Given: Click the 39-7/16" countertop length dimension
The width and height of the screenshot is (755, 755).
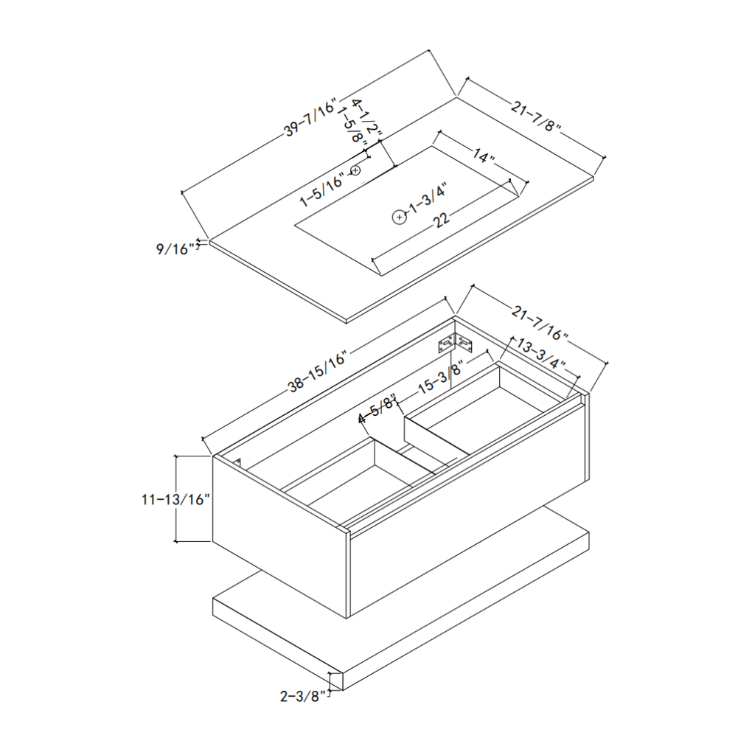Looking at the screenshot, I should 310,116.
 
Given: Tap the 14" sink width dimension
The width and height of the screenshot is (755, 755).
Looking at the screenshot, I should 483,157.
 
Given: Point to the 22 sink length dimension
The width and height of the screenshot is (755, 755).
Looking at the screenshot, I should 441,220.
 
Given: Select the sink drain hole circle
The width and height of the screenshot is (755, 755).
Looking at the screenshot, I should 400,217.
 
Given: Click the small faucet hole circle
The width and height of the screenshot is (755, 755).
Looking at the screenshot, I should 357,171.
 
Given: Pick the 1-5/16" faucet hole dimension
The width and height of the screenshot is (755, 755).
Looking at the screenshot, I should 322,189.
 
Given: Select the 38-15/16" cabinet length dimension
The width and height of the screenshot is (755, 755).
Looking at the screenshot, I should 318,372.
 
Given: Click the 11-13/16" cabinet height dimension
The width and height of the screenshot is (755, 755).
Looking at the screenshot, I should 176,499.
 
